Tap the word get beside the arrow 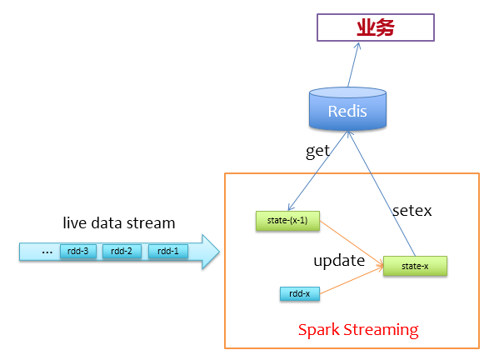pyautogui.click(x=317, y=151)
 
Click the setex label pyautogui.click(x=413, y=210)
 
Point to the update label pyautogui.click(x=338, y=260)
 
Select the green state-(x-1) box pyautogui.click(x=286, y=220)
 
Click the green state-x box pyautogui.click(x=415, y=266)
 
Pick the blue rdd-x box pyautogui.click(x=300, y=293)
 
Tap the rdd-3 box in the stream pyautogui.click(x=79, y=251)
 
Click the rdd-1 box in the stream pyautogui.click(x=167, y=251)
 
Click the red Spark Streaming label pyautogui.click(x=358, y=329)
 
